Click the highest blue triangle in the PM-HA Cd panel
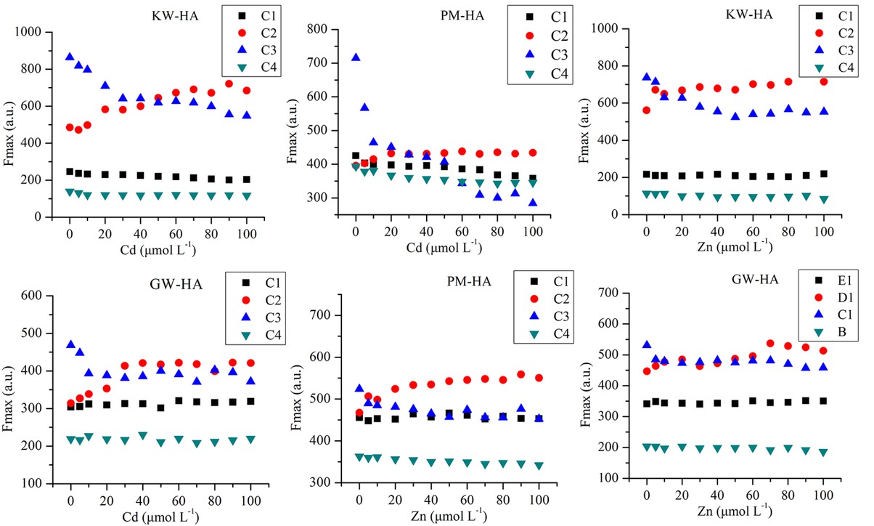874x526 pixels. click(356, 57)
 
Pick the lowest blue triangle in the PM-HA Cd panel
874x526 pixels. click(533, 203)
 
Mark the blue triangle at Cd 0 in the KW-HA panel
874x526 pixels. click(70, 57)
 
